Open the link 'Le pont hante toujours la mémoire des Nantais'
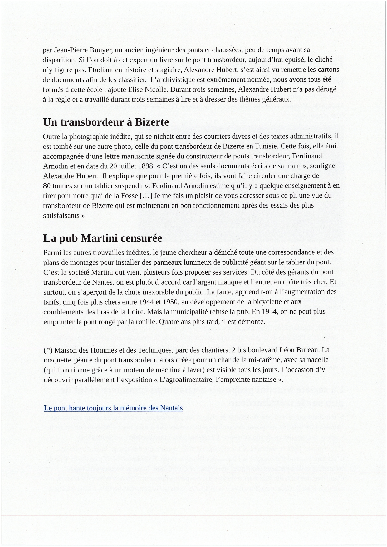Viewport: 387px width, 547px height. (113, 408)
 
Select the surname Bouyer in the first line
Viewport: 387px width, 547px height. (101, 50)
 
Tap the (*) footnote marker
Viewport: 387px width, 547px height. (48, 350)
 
